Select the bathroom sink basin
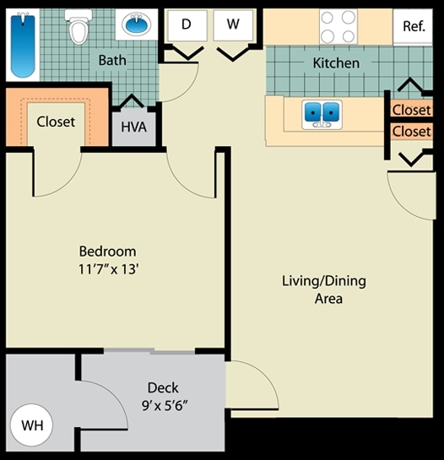(x=135, y=24)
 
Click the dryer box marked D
(x=186, y=24)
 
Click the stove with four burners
(x=338, y=25)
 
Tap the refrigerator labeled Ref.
(x=414, y=26)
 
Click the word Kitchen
(x=336, y=63)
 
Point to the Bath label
(x=112, y=61)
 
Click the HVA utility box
(x=133, y=126)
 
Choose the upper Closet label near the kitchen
(x=411, y=110)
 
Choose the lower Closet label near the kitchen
(x=411, y=132)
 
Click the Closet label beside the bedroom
(x=56, y=122)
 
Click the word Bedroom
(x=107, y=252)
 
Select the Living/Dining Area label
(x=323, y=290)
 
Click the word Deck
(x=162, y=387)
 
